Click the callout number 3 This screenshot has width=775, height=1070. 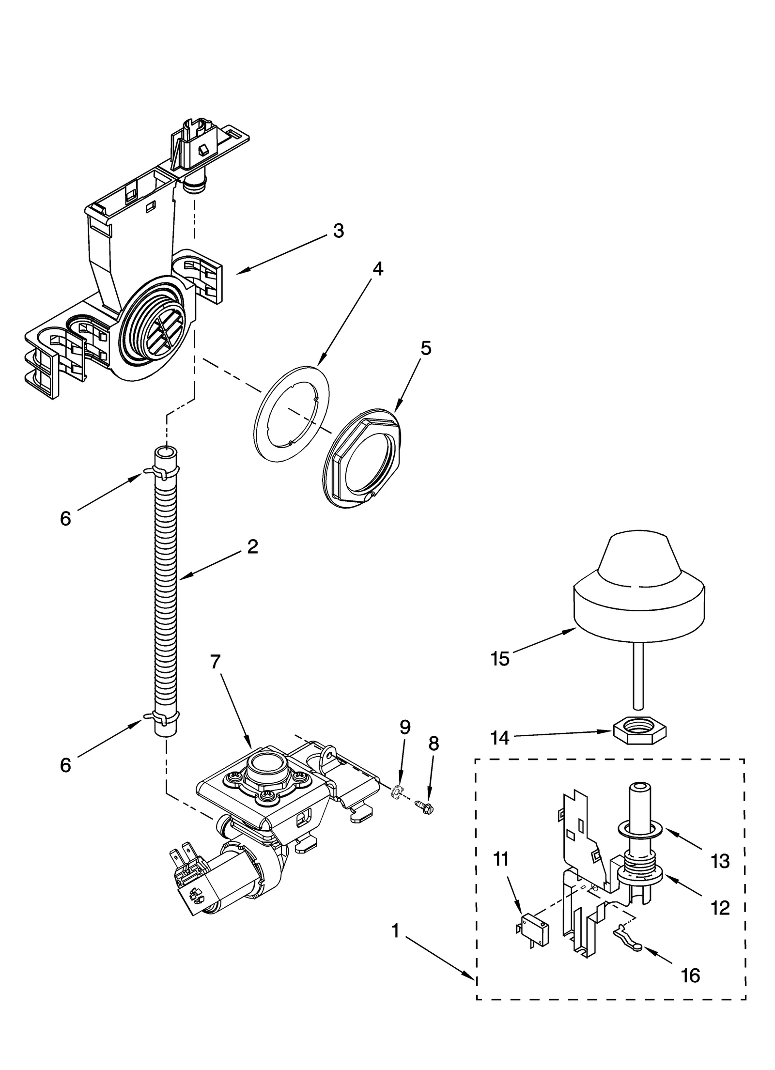point(339,231)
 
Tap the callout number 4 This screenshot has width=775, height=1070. point(377,269)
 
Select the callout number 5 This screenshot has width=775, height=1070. point(425,348)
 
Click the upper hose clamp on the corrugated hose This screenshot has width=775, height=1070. point(161,471)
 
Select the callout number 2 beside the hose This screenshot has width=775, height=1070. point(252,547)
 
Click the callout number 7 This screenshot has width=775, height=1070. point(216,662)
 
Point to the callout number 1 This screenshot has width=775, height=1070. point(396,930)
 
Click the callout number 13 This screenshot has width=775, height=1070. point(720,861)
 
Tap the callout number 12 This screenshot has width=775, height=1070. point(720,908)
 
